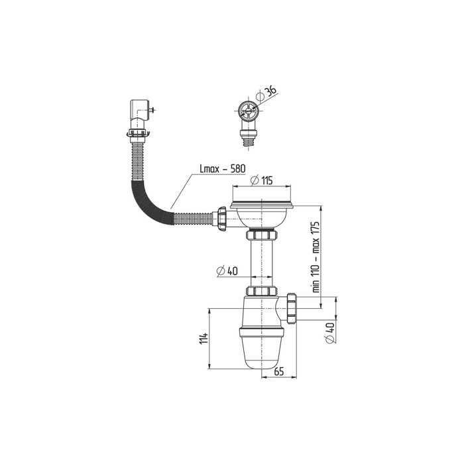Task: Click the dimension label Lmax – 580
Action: click(x=223, y=169)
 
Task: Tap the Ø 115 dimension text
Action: click(x=261, y=180)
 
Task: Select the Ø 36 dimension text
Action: click(x=266, y=92)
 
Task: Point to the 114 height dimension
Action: click(x=203, y=339)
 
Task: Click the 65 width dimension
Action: click(x=279, y=372)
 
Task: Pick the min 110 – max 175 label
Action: click(x=316, y=257)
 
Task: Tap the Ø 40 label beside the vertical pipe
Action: click(x=227, y=270)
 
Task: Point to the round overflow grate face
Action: click(x=249, y=111)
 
